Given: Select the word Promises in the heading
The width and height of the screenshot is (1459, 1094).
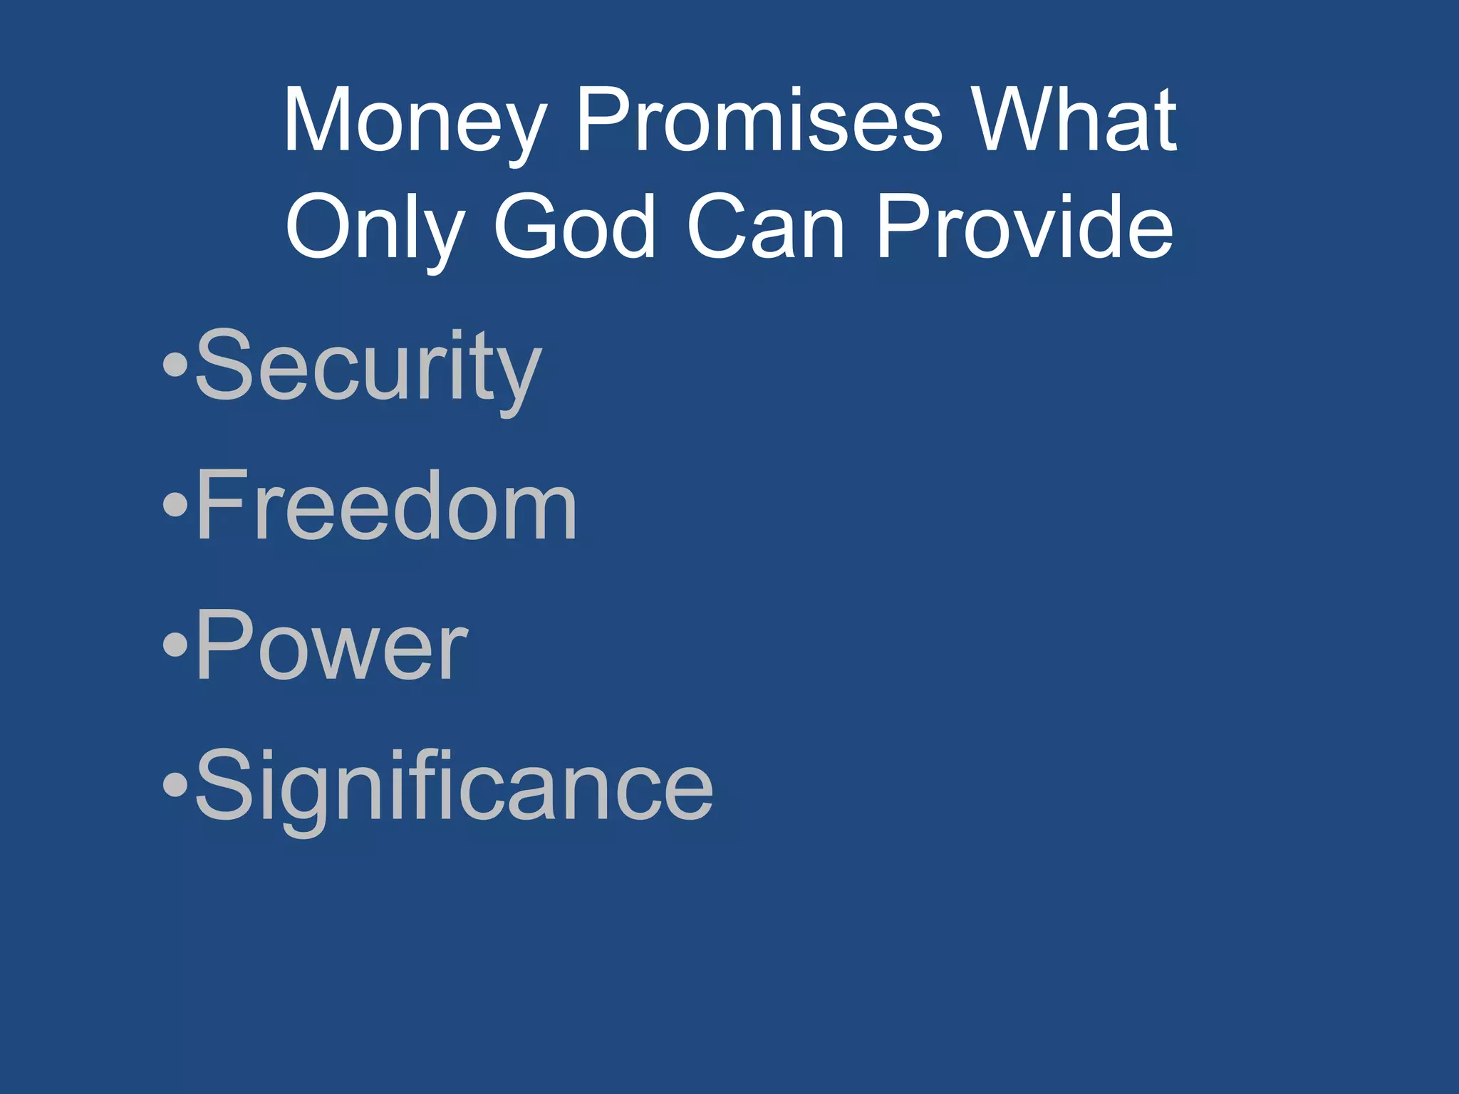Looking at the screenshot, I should click(759, 121).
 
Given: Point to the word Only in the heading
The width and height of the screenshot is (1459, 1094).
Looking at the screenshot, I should click(375, 228).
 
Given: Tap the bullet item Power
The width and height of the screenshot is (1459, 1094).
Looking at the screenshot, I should click(331, 647).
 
